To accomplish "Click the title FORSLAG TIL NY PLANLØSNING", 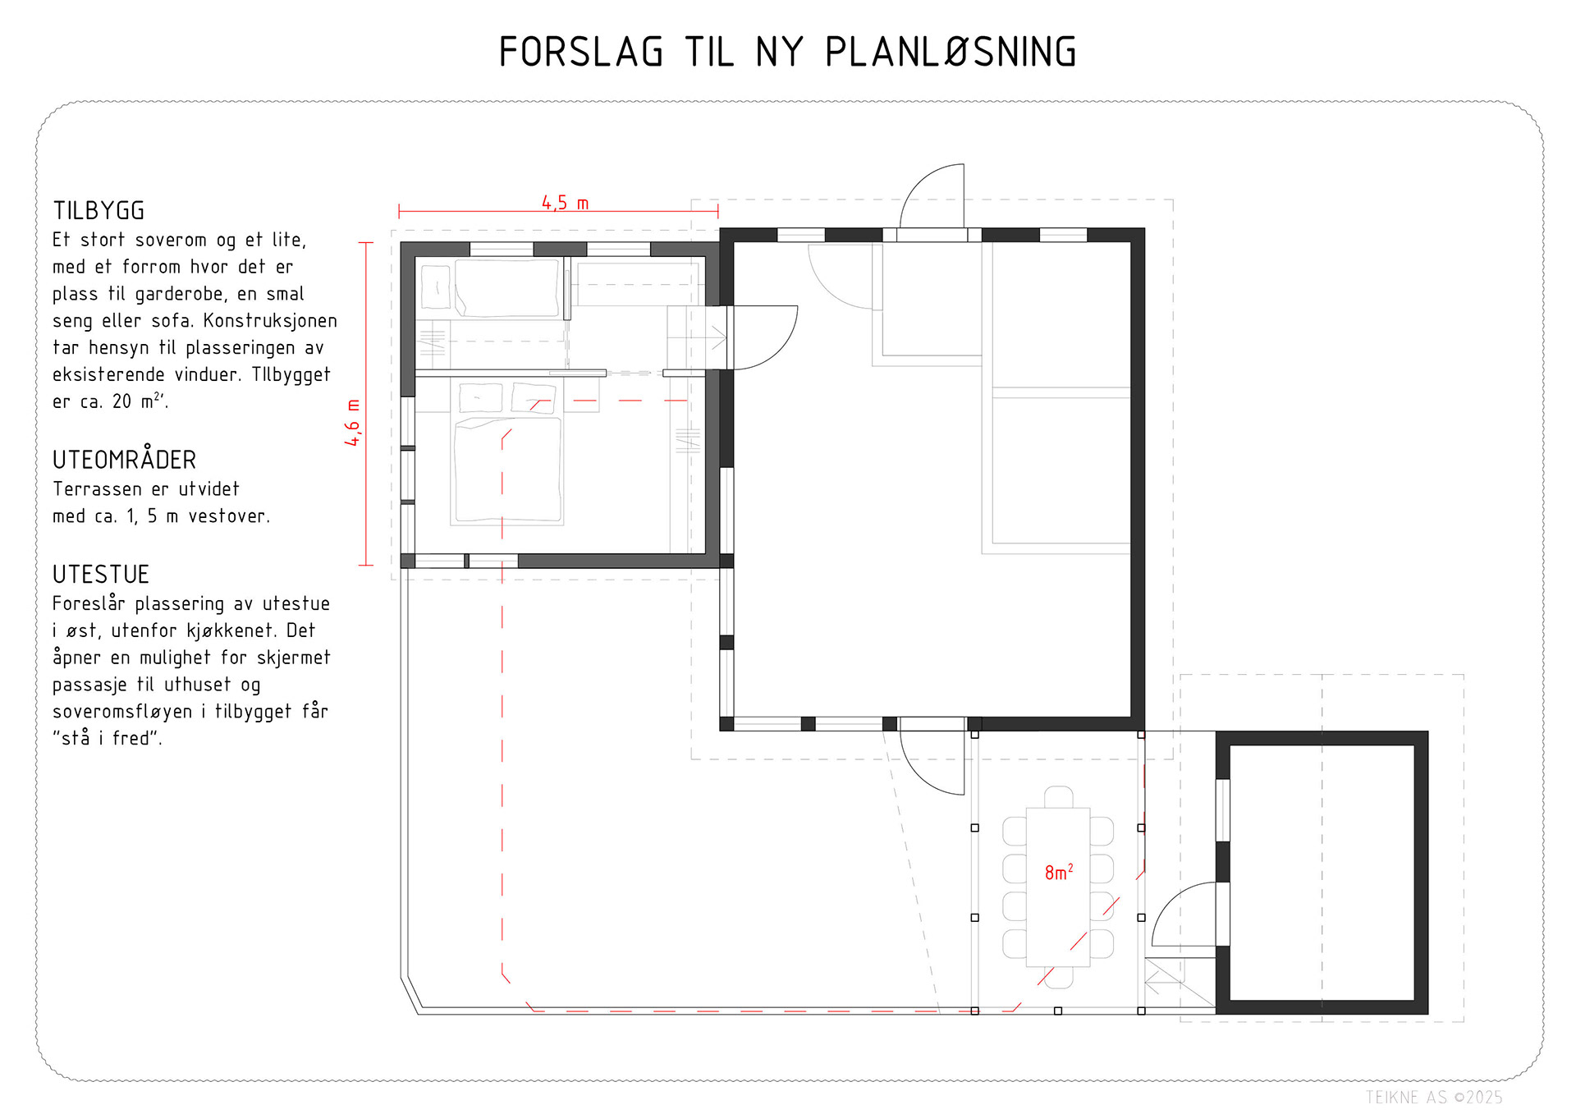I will click(787, 53).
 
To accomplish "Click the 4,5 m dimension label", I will click(565, 202).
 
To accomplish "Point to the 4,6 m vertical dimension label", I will click(353, 423).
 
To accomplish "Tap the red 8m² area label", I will click(1058, 872).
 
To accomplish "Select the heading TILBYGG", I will click(99, 211).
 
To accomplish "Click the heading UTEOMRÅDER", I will click(125, 460).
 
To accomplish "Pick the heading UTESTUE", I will click(101, 574).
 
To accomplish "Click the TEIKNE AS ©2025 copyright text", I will click(1433, 1097).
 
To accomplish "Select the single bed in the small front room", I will click(506, 287).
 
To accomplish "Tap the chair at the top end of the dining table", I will click(1058, 797).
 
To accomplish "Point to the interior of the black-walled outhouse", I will click(1322, 872).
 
